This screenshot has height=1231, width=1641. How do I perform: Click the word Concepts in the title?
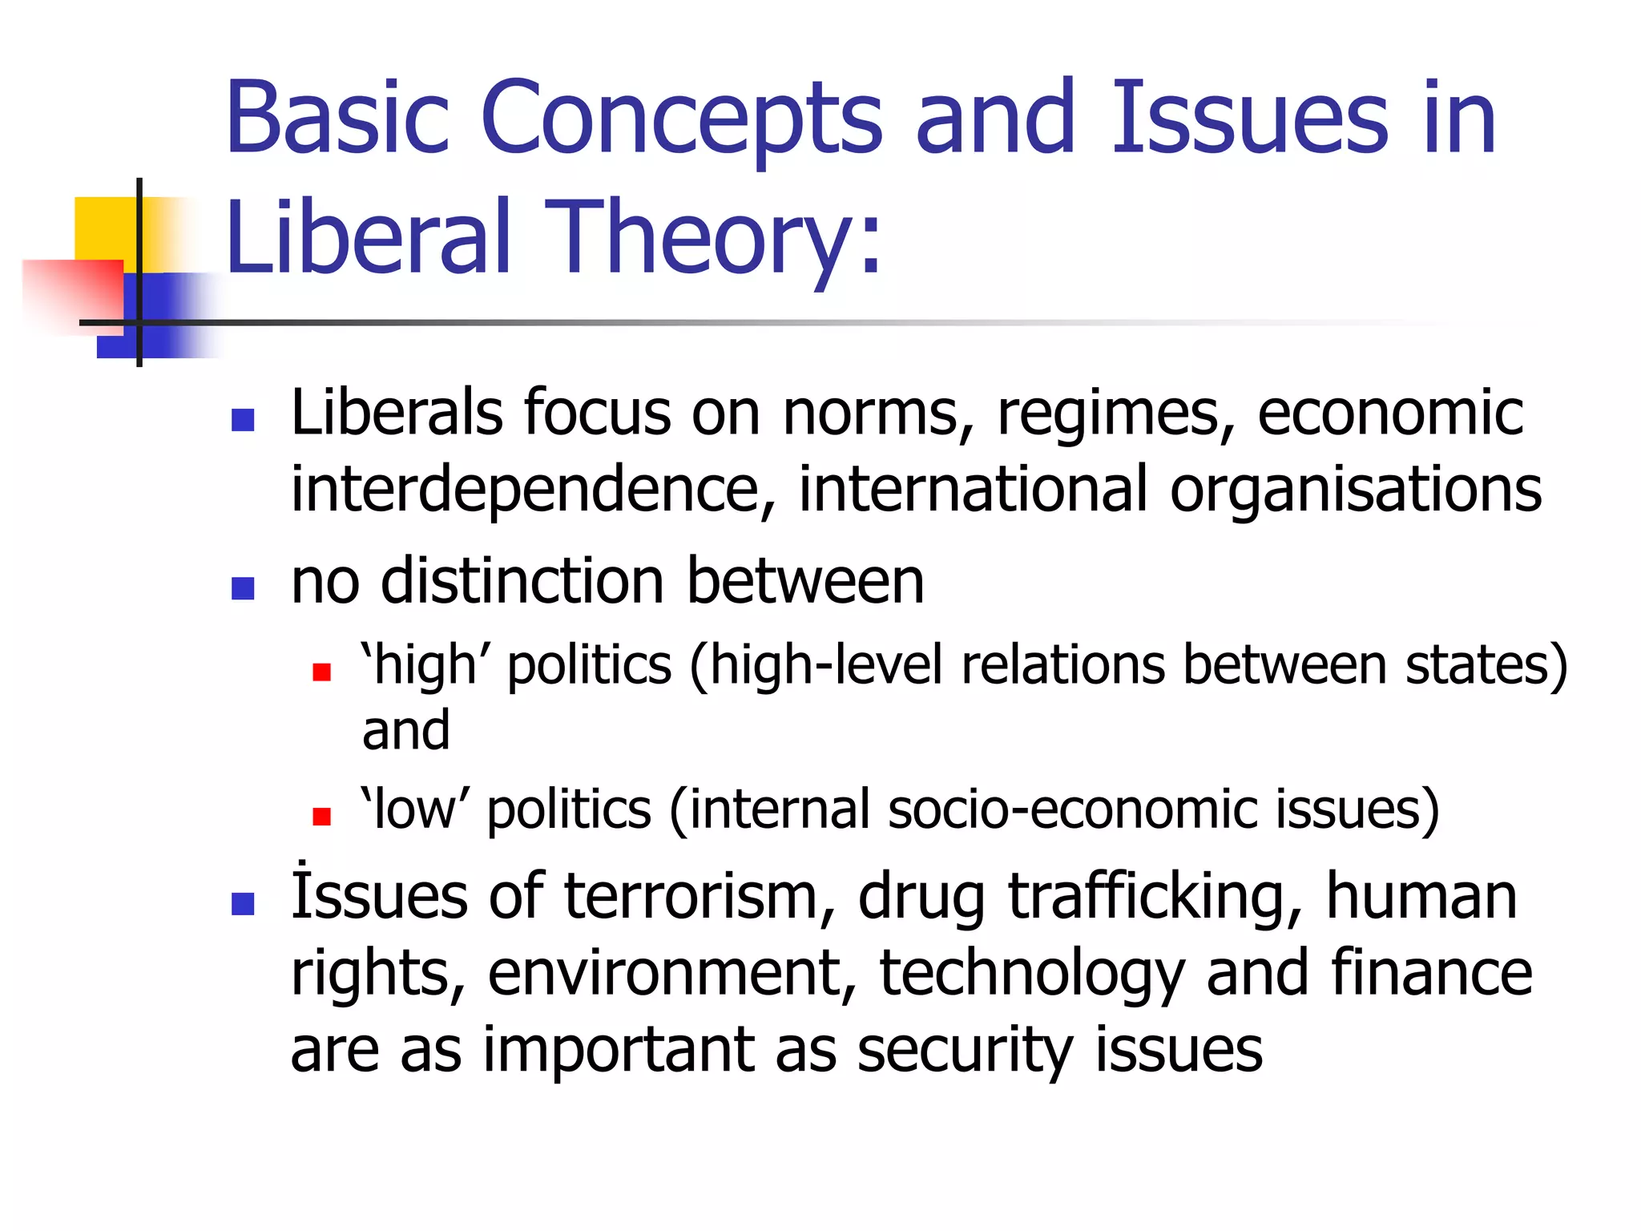tap(682, 118)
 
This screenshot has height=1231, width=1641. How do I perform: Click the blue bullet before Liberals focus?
tap(243, 420)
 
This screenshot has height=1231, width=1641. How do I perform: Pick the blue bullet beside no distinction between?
tap(243, 588)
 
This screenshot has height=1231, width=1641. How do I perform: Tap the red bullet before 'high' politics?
tap(322, 672)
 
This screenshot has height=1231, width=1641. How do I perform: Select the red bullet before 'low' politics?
tap(322, 816)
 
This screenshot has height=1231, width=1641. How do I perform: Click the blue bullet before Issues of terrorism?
tap(243, 904)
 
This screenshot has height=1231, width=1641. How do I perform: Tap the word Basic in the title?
tap(337, 118)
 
